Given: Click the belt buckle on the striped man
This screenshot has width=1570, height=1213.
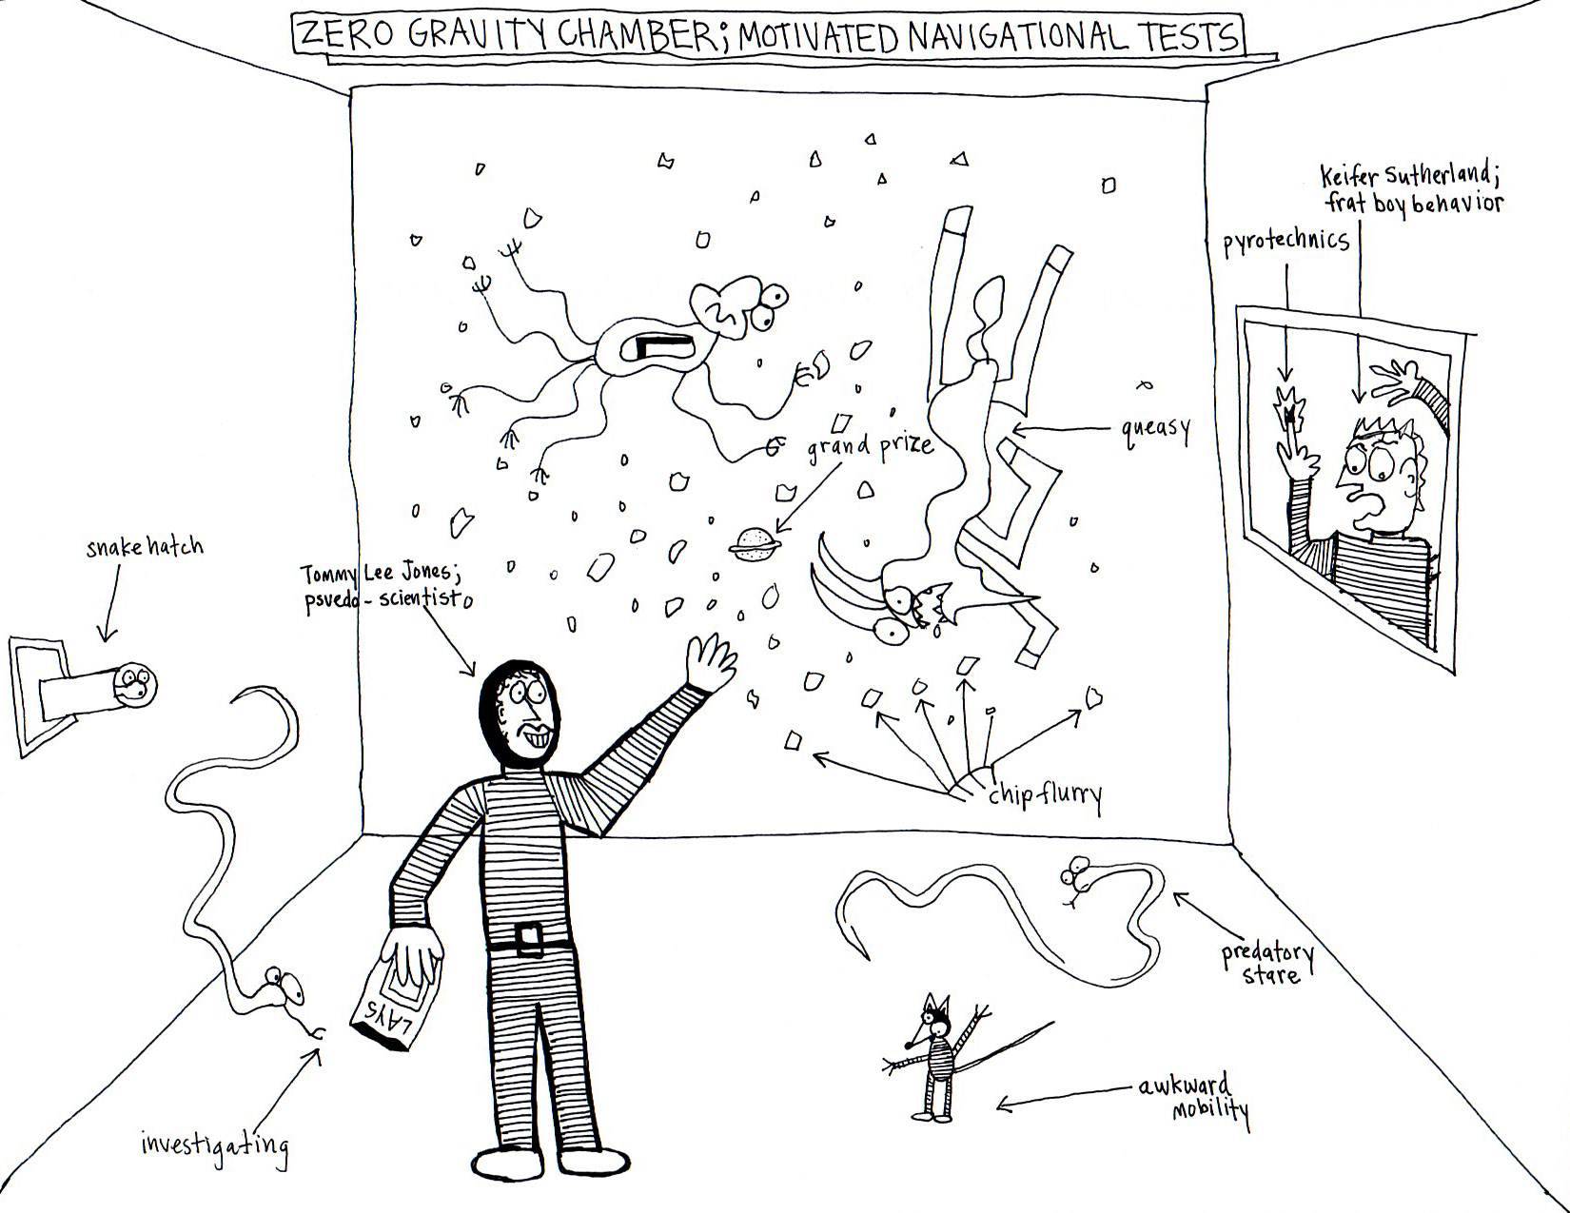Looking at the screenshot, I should (530, 940).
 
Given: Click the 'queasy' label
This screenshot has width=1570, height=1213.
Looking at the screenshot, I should (1156, 430).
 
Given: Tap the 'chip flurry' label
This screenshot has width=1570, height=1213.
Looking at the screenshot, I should (1044, 794).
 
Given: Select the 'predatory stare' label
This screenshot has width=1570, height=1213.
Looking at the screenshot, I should (1268, 963).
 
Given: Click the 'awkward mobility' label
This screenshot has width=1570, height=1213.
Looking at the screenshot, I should (1194, 1097).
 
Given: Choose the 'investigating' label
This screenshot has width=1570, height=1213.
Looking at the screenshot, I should (214, 1142).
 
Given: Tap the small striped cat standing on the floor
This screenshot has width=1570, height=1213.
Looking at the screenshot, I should (938, 1056).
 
